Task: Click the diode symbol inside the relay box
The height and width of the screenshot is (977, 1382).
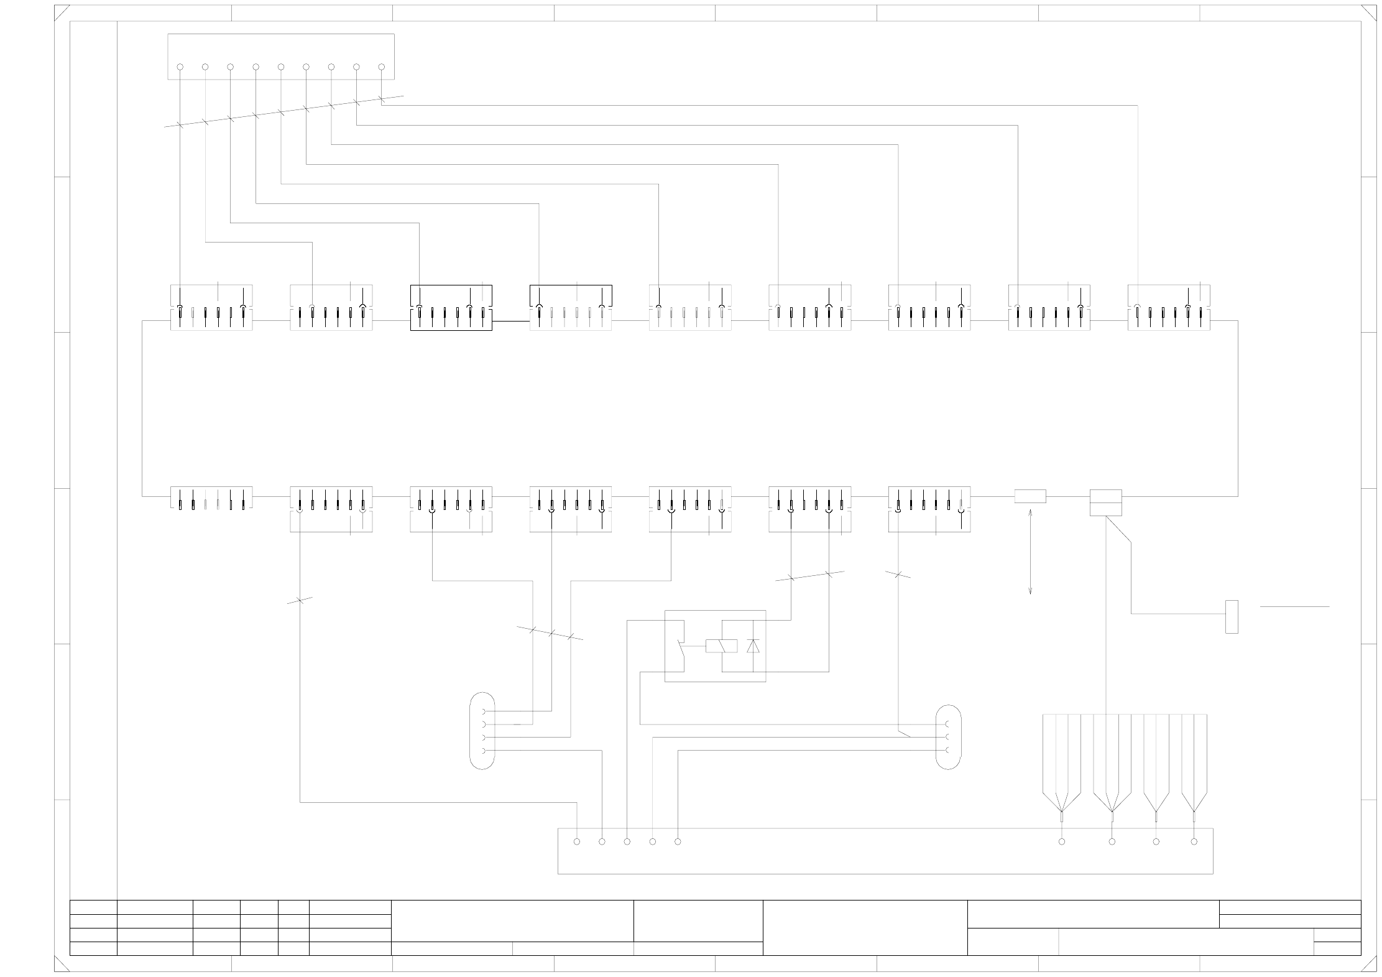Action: coord(753,646)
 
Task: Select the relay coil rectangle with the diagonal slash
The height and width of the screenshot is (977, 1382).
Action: coord(721,646)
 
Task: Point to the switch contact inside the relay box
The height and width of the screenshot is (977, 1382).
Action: coord(681,651)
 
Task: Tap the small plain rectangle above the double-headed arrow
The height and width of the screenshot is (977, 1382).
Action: coord(1030,496)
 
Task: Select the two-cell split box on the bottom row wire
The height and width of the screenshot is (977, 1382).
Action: coord(1105,502)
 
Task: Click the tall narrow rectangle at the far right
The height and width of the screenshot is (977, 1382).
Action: coord(1231,616)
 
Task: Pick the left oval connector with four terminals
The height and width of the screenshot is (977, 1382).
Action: coord(482,730)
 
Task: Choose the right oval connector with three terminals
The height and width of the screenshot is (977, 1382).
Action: coord(948,736)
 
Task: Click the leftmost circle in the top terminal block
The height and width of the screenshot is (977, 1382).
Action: coord(180,67)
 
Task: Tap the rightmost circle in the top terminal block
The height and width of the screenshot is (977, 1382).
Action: coord(382,67)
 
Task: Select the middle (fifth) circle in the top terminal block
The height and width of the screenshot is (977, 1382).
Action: coord(281,67)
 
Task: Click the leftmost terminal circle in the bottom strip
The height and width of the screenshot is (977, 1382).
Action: coord(577,841)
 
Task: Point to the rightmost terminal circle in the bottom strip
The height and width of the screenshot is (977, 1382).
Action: coord(1194,841)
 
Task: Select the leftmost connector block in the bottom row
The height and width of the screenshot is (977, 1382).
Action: coord(211,498)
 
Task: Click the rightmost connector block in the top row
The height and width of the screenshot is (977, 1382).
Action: coord(1169,307)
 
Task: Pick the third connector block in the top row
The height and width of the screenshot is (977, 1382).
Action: coord(451,307)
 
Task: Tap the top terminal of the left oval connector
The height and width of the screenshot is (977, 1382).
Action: coord(484,711)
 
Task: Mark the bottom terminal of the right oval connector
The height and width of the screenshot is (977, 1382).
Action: coord(946,750)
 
